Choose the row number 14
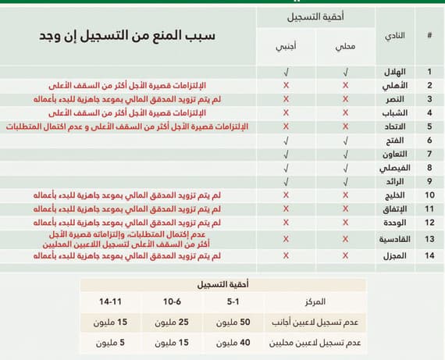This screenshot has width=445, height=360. (429, 256)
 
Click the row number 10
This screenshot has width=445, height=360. (429, 194)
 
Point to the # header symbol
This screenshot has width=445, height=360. (429, 36)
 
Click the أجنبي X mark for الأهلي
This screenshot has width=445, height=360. (286, 85)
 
